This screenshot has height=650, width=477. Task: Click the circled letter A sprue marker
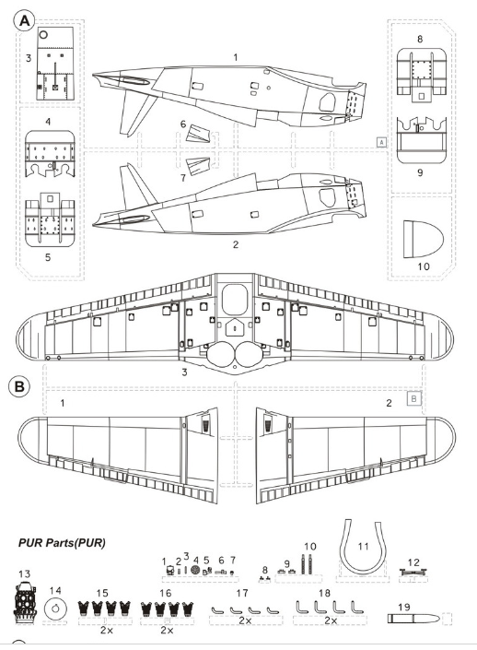(x=25, y=20)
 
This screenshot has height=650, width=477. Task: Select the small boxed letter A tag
(x=382, y=142)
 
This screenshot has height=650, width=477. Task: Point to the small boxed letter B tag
(x=414, y=399)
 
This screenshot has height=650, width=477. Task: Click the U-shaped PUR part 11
(x=363, y=546)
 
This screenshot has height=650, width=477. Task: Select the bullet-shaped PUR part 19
(x=413, y=619)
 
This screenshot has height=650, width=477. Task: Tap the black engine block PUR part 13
(x=25, y=600)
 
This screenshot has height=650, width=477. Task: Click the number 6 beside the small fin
(x=183, y=124)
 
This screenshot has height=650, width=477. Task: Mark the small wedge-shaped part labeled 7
(x=198, y=165)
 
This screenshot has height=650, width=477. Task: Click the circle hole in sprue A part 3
(x=43, y=35)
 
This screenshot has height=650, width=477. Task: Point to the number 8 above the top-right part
(x=420, y=39)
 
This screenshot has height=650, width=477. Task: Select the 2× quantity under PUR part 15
(x=107, y=630)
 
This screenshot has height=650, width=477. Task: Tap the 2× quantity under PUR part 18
(x=331, y=620)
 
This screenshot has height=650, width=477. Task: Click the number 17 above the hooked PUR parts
(x=242, y=593)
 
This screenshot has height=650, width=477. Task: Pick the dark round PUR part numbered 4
(x=196, y=571)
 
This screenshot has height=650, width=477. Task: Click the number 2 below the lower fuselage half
(x=236, y=244)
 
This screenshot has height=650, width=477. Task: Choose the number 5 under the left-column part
(x=48, y=257)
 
